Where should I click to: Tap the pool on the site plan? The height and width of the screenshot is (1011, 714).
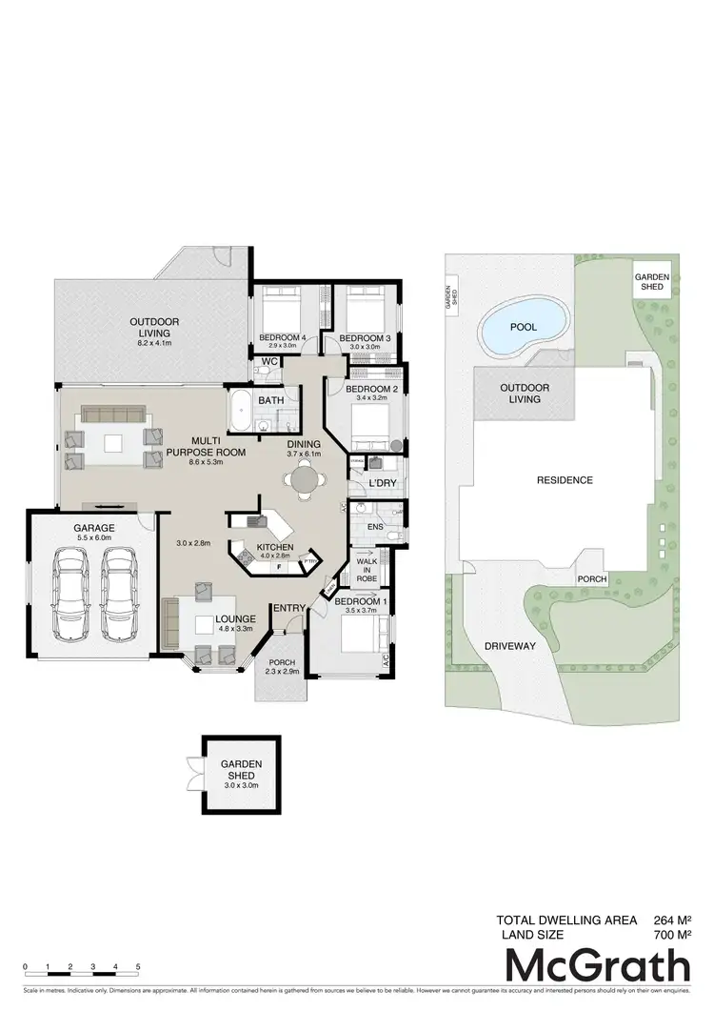[x=522, y=328]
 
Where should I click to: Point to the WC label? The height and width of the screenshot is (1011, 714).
[x=269, y=363]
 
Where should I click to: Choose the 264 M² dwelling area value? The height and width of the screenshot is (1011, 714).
[x=671, y=920]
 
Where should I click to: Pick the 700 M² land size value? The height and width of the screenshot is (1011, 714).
[x=671, y=936]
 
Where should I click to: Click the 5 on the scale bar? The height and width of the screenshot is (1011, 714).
[x=139, y=966]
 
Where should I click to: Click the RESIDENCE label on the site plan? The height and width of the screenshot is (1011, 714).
[x=564, y=480]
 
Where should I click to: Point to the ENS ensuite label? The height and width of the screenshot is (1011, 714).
[x=375, y=525]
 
